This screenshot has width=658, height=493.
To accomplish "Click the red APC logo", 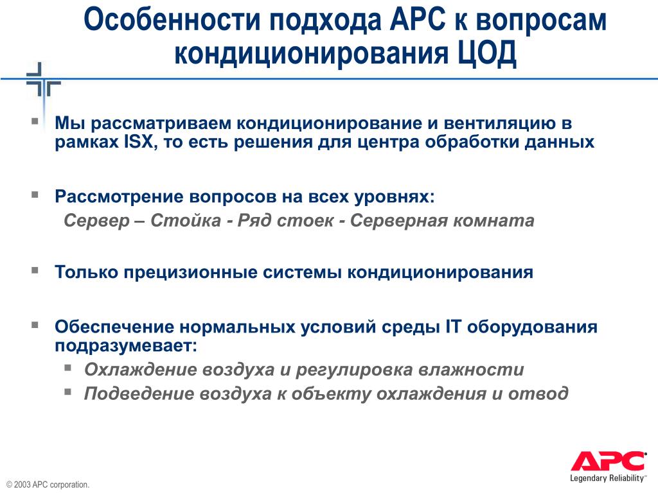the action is coord(608,461).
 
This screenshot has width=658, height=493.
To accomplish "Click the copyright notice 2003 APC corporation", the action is coord(48,485).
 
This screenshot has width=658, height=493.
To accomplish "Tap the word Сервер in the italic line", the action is coord(97,221).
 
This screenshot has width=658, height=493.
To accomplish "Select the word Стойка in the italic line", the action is coord(186,221).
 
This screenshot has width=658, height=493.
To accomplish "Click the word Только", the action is coord(87,272).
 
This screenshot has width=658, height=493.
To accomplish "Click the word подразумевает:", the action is coord(126,346).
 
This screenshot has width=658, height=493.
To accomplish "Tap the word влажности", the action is coord(471,370).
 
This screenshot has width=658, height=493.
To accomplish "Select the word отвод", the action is coord(538,394).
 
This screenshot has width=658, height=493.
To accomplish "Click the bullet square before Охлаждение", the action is coord(68,368).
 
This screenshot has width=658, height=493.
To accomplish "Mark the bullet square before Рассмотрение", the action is coord(35,194).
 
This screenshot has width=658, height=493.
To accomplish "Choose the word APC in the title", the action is coord(418,19).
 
